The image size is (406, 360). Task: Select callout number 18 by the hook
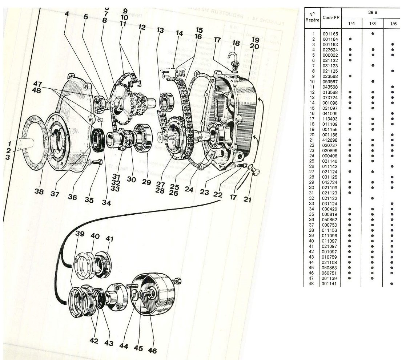tap(236, 44)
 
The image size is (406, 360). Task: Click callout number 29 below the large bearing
tap(146, 182)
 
